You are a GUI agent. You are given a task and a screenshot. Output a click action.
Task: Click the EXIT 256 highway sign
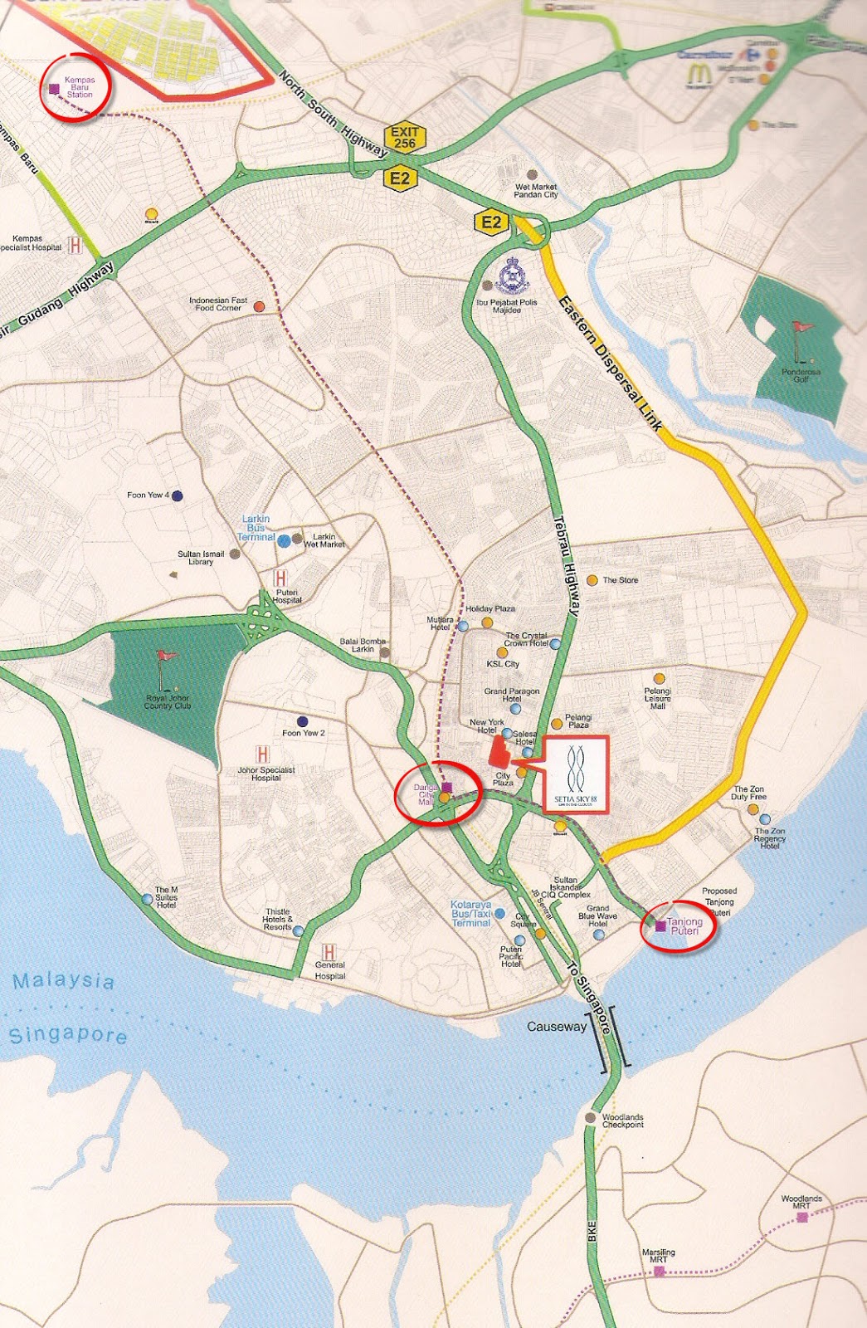pyautogui.click(x=405, y=138)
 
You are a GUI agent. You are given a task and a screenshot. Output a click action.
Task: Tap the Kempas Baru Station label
pyautogui.click(x=80, y=87)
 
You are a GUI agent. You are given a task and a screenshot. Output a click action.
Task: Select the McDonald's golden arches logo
pyautogui.click(x=699, y=75)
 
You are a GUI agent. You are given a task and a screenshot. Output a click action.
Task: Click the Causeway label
pyautogui.click(x=557, y=1027)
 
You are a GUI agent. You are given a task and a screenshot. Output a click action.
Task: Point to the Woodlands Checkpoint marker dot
pyautogui.click(x=590, y=1118)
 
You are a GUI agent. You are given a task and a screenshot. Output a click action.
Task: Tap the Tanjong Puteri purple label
pyautogui.click(x=684, y=926)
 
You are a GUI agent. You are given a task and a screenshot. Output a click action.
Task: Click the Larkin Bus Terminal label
pyautogui.click(x=256, y=528)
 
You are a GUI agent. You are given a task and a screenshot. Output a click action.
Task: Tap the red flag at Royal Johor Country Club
pyautogui.click(x=167, y=656)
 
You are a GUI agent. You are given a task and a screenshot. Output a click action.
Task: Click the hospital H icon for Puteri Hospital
pyautogui.click(x=280, y=578)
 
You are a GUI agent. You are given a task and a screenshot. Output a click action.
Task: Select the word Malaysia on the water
pyautogui.click(x=64, y=981)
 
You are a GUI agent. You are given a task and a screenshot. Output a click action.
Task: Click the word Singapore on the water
pyautogui.click(x=68, y=1035)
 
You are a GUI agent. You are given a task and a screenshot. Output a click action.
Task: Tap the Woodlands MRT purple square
pyautogui.click(x=801, y=1218)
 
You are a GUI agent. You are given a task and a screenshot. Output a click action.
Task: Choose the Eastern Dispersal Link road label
pyautogui.click(x=610, y=363)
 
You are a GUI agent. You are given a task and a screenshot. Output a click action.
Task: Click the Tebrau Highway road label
pyautogui.click(x=566, y=565)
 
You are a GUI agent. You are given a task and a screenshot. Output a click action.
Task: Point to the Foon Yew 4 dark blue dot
pyautogui.click(x=177, y=496)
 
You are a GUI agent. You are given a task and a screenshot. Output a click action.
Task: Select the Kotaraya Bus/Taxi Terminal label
pyautogui.click(x=471, y=913)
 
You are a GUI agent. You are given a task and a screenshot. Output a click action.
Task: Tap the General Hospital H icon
pyautogui.click(x=329, y=952)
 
